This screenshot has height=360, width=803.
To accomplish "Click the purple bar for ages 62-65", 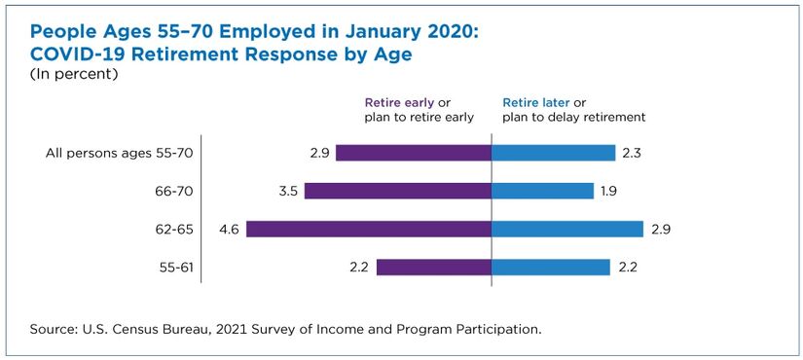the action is click(x=369, y=229).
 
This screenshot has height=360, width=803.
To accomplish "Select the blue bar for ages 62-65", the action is click(x=567, y=229).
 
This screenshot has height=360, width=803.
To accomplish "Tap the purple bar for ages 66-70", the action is click(x=398, y=191).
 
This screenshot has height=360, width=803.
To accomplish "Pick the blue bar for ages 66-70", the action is click(x=542, y=191).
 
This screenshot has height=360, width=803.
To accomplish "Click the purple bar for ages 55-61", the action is click(x=434, y=268).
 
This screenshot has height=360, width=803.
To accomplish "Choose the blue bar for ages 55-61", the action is click(x=551, y=268).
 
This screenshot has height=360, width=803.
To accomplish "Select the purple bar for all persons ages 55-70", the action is click(x=414, y=153).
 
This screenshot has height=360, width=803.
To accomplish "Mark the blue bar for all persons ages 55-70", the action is click(x=553, y=153).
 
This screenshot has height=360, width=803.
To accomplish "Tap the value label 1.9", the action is click(x=609, y=191).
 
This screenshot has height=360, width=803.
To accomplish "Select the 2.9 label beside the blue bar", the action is click(x=661, y=229).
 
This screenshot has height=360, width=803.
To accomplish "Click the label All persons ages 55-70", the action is click(x=120, y=153).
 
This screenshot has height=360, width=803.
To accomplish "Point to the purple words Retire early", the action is click(x=399, y=103).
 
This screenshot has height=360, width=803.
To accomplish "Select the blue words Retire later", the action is click(x=535, y=103).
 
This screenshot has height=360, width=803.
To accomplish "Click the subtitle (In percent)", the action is click(x=74, y=74).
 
